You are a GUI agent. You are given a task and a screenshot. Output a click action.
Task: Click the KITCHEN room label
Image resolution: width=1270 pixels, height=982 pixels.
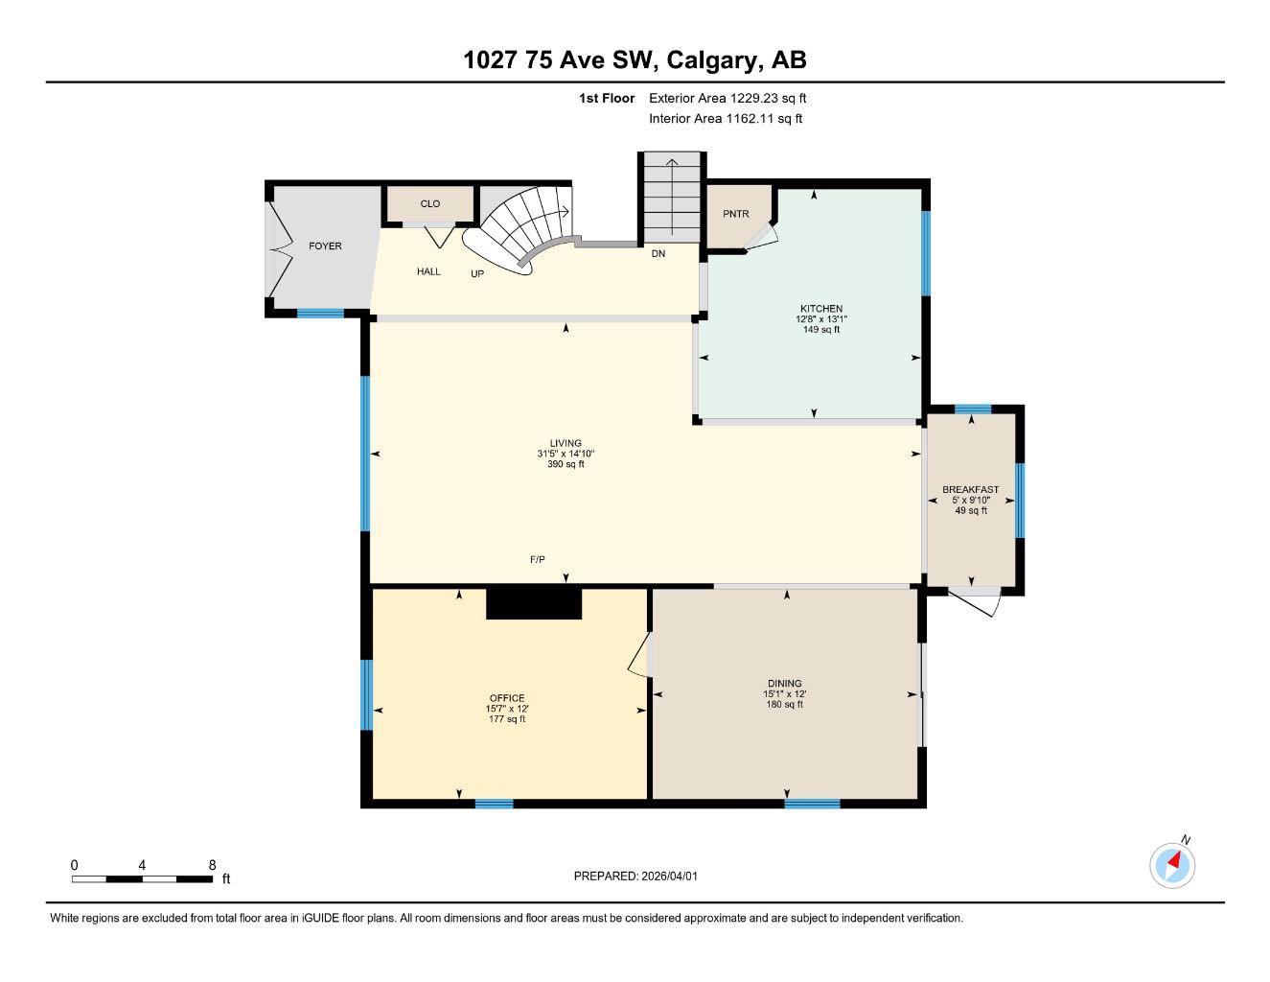coord(821,309)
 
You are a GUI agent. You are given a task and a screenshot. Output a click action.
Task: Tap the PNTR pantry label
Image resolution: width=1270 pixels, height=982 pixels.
coord(735,214)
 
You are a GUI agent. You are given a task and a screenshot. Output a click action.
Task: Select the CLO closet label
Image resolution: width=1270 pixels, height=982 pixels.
coord(430,203)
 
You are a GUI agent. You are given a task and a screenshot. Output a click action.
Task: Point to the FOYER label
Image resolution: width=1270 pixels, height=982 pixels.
coord(325,246)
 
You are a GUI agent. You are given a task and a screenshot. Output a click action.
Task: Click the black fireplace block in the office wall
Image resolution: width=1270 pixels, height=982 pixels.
coord(534,603)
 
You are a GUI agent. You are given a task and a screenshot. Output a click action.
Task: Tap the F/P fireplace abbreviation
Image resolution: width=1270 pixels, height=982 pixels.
coord(538,559)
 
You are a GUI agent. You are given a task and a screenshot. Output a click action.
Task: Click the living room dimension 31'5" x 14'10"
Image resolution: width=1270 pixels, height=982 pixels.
coord(566,454)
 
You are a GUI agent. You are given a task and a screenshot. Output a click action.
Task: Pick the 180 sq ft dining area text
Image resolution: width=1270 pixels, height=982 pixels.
coord(783,705)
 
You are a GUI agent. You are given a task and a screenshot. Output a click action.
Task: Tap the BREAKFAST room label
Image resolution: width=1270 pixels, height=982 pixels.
coord(970,489)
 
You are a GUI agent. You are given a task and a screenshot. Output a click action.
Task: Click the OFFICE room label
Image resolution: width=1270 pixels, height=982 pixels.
coord(507,698)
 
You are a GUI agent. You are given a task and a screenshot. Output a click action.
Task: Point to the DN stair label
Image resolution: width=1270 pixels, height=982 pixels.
coord(658,254)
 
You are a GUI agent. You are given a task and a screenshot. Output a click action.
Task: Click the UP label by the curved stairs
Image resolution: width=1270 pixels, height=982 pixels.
coord(477,273)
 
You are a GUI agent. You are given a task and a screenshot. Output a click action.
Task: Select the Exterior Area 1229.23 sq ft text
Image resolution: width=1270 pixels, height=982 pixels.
coord(727,98)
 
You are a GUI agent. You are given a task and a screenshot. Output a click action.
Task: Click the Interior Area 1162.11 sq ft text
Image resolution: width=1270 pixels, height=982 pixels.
coord(726,119)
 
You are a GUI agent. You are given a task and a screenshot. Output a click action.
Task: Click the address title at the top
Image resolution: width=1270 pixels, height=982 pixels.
coord(635,60)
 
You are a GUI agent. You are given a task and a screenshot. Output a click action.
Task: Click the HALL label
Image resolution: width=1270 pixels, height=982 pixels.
coord(428,271)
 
